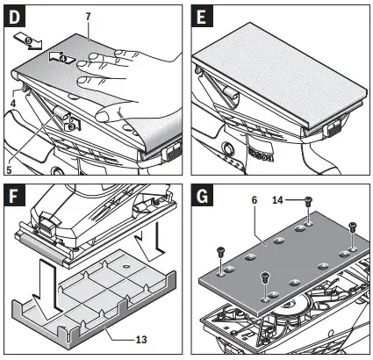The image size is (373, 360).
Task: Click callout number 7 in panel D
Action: point(88,16)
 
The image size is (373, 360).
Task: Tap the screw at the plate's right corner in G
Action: point(352,226)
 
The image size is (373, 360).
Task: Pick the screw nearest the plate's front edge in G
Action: point(264,279)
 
